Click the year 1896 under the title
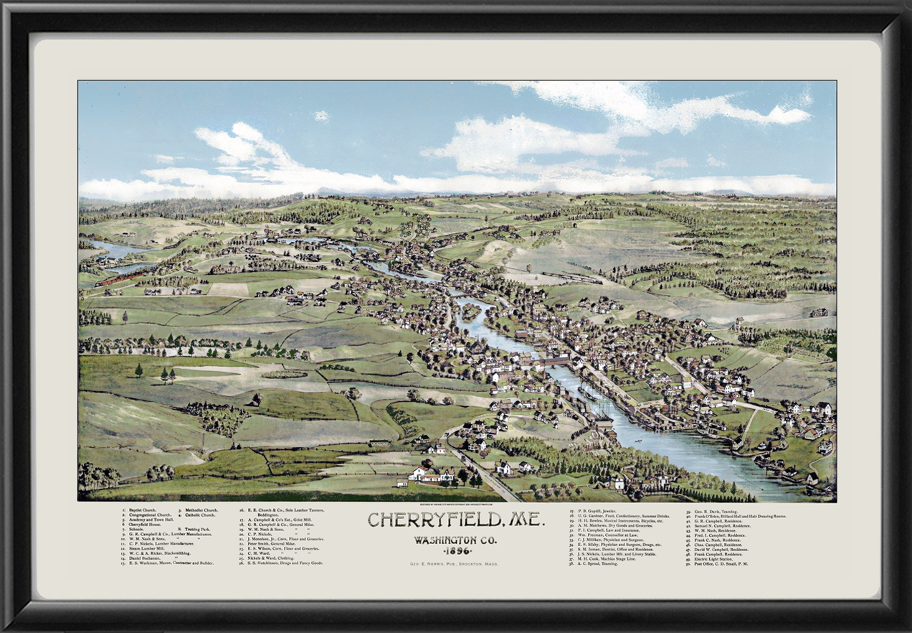click(x=437, y=550)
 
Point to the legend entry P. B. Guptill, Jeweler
click(x=602, y=510)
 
